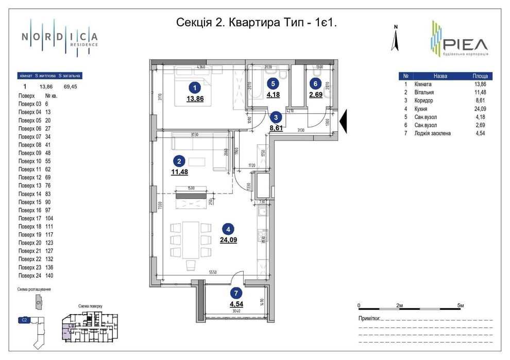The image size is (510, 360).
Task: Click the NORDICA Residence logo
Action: tap(59, 37)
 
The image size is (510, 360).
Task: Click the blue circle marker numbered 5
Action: tap(274, 83)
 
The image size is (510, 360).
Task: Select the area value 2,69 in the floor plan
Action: tap(316, 94)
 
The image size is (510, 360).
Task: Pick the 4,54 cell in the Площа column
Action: tap(480, 133)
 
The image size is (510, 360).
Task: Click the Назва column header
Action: tap(440, 76)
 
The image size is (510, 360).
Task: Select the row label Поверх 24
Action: tap(30, 275)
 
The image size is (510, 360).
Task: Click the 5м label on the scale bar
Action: tap(461, 306)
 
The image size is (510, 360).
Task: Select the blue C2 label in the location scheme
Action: tap(25, 320)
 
